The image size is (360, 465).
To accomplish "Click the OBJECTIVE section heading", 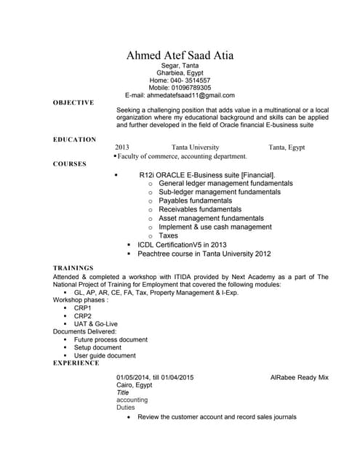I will coord(73,102).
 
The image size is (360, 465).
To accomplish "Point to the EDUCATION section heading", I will coord(75,139).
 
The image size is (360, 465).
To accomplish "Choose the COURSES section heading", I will coord(70,164).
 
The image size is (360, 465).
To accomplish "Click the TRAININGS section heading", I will coord(73,268).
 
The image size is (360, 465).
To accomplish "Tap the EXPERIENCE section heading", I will coord(76,363).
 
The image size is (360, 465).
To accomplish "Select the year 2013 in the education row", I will coord(122,147).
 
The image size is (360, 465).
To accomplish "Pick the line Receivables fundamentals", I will coord(199,209).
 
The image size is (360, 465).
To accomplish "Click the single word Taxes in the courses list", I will coord(168,235).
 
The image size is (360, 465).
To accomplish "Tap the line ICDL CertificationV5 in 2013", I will coord(182,245).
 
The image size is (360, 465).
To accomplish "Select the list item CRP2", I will coord(83,316).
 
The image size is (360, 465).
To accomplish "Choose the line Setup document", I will coord(97,347).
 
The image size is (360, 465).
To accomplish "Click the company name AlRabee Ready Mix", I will coord(299,378).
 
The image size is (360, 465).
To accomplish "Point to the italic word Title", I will coord(123,392).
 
